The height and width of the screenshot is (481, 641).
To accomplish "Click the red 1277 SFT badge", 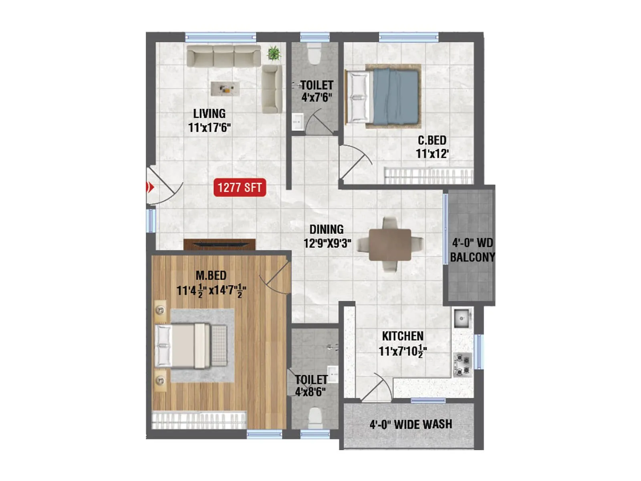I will pos(240,187).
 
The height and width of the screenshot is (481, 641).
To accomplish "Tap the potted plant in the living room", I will pos(274,53).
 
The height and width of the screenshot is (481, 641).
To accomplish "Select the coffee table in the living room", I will pos(225,89).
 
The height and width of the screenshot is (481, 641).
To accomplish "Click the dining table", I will pos(390,245).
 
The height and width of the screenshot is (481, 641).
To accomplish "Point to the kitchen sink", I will pos(462,319).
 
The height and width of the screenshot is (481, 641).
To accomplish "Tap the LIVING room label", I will pos(209,113).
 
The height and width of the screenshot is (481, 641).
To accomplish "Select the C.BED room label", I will pos(432,140).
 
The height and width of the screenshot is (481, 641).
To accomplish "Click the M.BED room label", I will pos(211,275).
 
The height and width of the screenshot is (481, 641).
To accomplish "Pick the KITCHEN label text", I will pos(402,336).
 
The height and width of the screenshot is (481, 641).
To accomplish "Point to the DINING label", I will pos(327,229).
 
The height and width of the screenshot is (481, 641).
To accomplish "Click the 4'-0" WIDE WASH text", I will pos(411,424).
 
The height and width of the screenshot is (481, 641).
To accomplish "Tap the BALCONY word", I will pos(472,257).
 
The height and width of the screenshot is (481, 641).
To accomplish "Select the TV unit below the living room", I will pos(220,244).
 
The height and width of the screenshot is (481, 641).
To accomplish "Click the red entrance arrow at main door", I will pos(150,187).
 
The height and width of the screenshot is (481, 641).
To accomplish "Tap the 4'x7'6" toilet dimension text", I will pos(316,97).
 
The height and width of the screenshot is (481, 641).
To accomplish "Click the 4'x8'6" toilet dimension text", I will pos(310,392).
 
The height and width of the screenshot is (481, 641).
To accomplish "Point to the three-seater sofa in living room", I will pos(224,56).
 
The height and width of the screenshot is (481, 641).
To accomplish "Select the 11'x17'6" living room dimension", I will pos(209,128).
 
